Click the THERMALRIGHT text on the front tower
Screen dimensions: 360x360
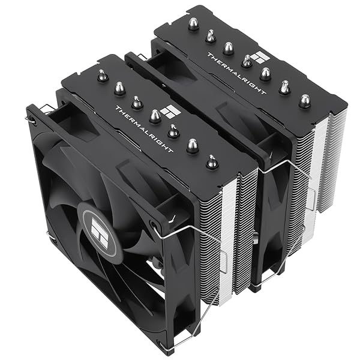pyautogui.click(x=143, y=129)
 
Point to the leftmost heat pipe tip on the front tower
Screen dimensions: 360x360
pyautogui.click(x=102, y=76)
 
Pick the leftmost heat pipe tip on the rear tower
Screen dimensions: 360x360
pyautogui.click(x=193, y=23)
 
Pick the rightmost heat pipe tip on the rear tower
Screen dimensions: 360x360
pyautogui.click(x=305, y=100)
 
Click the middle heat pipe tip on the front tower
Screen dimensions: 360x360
pyautogui.click(x=155, y=115)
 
